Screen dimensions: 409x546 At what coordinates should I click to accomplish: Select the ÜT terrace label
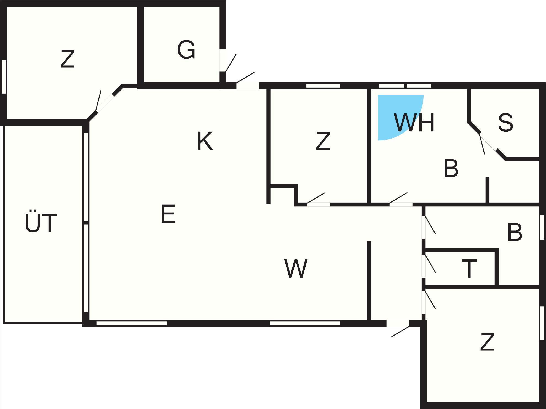[41, 223]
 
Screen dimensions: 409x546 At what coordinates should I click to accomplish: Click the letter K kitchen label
[205, 141]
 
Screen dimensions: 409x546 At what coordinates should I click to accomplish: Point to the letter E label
[168, 214]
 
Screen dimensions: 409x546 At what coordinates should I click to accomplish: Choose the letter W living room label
[296, 269]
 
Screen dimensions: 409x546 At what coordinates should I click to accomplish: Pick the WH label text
[414, 123]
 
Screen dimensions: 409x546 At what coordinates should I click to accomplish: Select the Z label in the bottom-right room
[487, 342]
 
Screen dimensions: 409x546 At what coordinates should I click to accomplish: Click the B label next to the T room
[515, 232]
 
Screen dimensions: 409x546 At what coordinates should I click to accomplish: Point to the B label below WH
[451, 168]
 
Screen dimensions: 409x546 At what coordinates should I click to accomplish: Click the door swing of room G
[231, 63]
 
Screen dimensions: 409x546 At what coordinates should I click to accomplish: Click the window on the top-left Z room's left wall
[4, 76]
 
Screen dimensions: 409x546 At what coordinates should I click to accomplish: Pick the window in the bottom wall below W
[305, 323]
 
